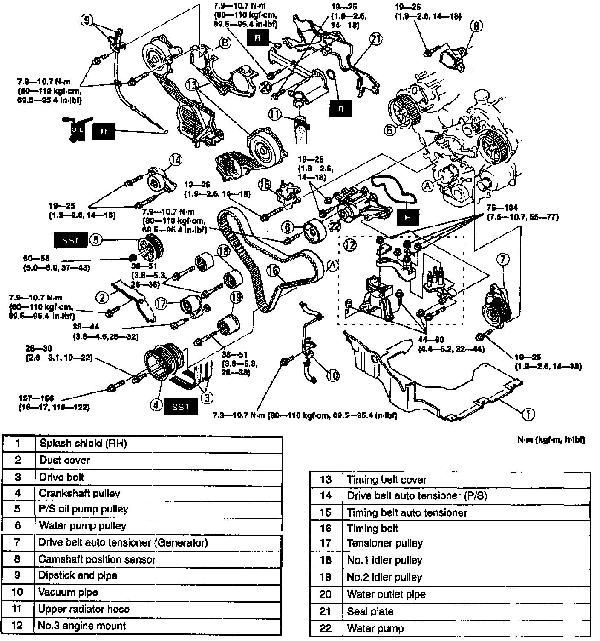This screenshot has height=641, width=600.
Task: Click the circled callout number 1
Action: (x=528, y=413)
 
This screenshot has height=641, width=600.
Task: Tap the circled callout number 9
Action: (x=87, y=20)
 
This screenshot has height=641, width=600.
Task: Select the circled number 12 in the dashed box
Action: (x=350, y=245)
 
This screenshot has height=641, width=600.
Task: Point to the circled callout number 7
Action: (x=503, y=259)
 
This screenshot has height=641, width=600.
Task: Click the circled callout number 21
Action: (x=375, y=39)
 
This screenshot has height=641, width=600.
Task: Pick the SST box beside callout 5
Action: (x=70, y=240)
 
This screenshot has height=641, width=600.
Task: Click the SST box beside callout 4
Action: (x=180, y=407)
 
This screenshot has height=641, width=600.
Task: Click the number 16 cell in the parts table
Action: (x=326, y=528)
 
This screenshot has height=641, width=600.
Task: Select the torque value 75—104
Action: (x=503, y=208)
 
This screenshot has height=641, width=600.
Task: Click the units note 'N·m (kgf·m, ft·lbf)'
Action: (x=551, y=440)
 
